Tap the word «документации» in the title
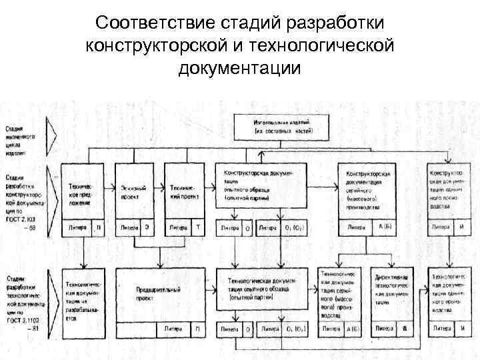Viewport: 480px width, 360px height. coord(240,68)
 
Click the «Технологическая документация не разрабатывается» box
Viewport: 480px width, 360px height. coord(83,297)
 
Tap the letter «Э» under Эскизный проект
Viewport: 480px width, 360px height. coord(148,227)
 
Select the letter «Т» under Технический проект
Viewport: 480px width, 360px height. coord(198,227)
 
